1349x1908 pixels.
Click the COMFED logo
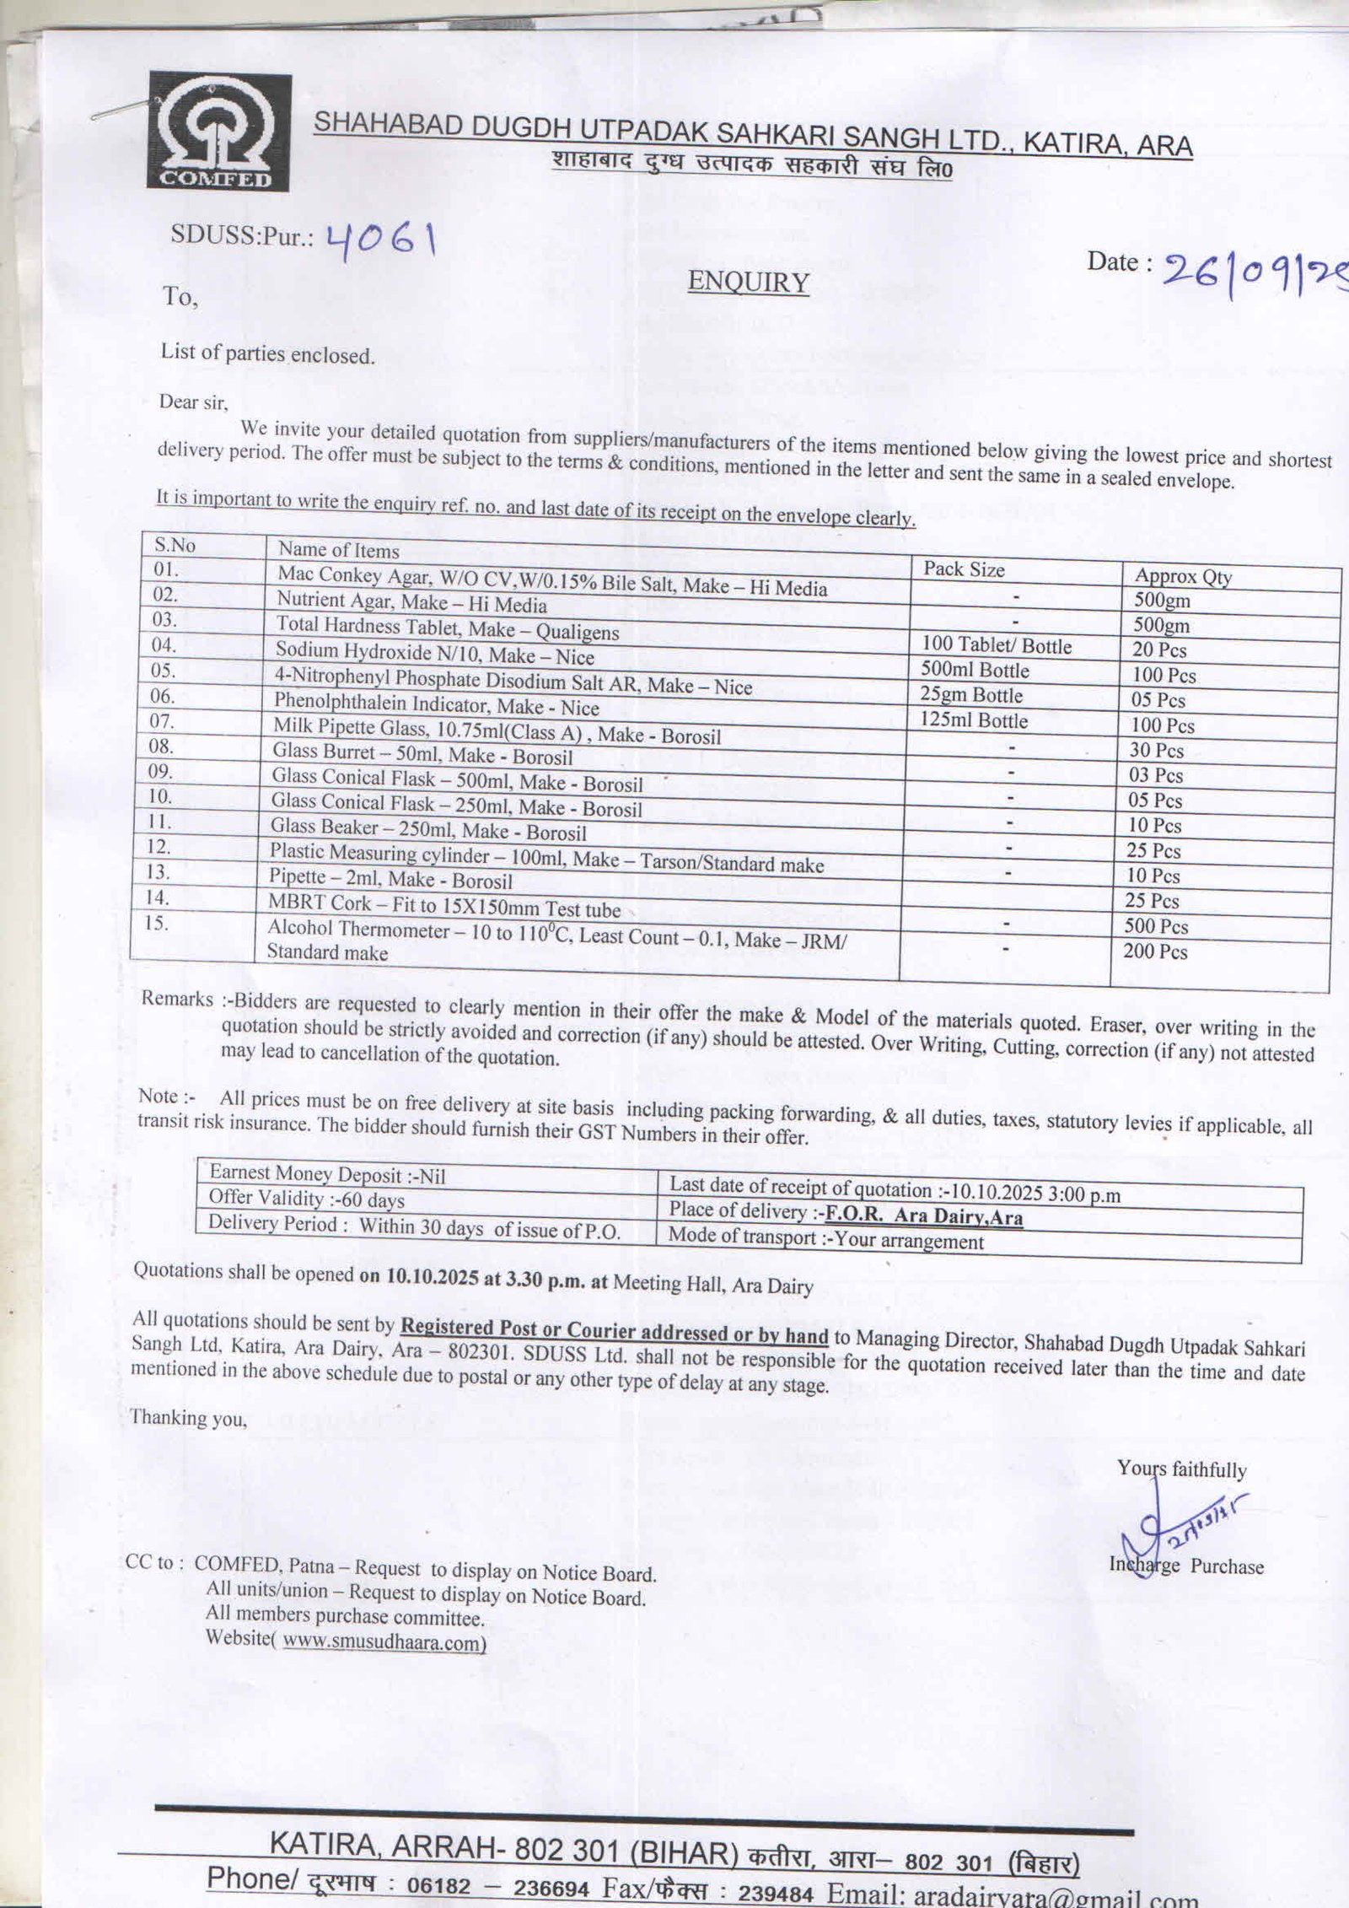(x=220, y=132)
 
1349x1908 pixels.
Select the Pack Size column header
(x=964, y=569)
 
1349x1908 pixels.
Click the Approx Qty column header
(x=1182, y=577)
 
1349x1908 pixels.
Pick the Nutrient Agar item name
(x=412, y=603)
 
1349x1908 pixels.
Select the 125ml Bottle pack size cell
(x=975, y=721)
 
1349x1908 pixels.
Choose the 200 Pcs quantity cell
(x=1154, y=952)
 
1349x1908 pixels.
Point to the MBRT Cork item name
(x=444, y=908)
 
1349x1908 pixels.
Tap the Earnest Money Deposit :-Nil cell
(x=327, y=1173)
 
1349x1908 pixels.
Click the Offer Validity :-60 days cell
(x=306, y=1199)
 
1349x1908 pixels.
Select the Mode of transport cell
(x=825, y=1241)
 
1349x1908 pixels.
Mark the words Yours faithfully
(x=1181, y=1469)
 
